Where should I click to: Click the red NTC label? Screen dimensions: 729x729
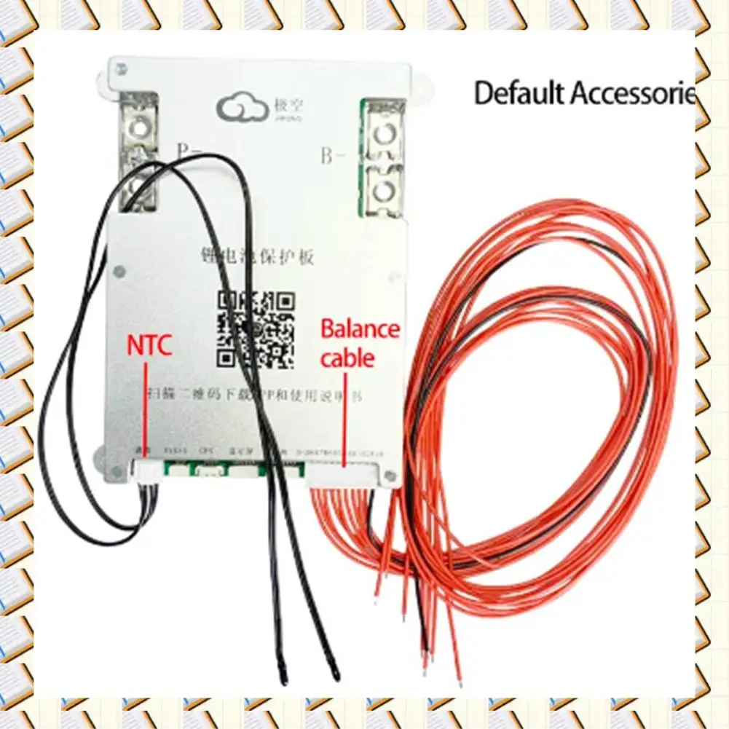click(149, 344)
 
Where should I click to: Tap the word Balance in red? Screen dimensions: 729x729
click(360, 329)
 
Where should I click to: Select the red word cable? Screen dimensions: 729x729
click(347, 358)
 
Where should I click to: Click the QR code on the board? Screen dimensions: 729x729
click(258, 328)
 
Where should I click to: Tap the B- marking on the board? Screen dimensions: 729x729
click(332, 156)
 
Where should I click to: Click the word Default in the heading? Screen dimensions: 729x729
click(519, 93)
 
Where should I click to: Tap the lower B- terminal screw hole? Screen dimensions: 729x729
click(384, 191)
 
